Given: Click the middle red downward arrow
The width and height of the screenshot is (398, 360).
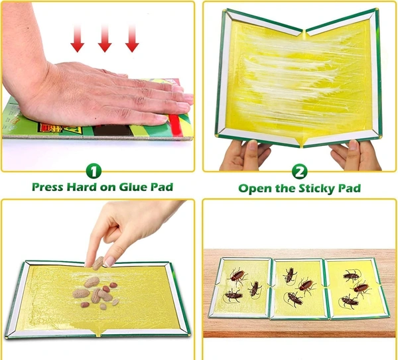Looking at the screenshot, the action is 105,38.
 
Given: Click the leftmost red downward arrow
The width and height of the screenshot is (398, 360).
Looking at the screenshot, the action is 78,38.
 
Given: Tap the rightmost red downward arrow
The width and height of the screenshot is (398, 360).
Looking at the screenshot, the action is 132,38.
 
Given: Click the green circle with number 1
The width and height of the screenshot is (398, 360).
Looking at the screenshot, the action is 94,171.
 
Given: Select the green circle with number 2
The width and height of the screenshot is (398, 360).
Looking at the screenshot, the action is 300,172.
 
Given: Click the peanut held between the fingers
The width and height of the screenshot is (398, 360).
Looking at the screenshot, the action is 98,263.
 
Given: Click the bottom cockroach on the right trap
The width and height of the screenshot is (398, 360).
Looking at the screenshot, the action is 350,301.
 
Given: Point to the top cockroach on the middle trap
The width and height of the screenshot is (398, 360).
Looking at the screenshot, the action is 290,275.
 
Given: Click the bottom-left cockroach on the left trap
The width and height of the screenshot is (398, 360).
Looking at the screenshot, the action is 233,295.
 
